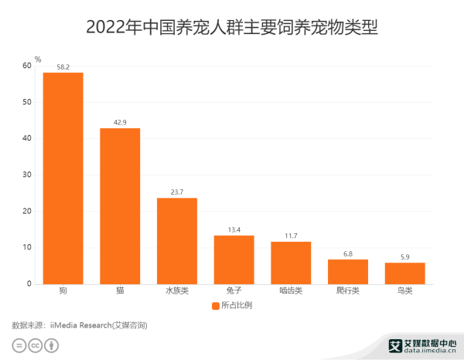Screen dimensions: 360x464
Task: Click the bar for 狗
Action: pyautogui.click(x=63, y=178)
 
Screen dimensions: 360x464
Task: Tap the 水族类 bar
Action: pyautogui.click(x=177, y=240)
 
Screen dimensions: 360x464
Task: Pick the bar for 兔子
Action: pyautogui.click(x=234, y=260)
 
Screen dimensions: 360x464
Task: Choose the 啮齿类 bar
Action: pyautogui.click(x=291, y=263)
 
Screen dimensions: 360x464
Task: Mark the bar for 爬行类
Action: pyautogui.click(x=348, y=271)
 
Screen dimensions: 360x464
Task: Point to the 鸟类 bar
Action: pyautogui.click(x=405, y=273)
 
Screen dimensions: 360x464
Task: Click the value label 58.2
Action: pyautogui.click(x=63, y=67)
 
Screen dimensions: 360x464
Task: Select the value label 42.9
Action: pyautogui.click(x=120, y=123)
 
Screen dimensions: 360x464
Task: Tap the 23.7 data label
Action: pyautogui.click(x=177, y=192)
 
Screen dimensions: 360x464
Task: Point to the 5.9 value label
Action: pyautogui.click(x=405, y=257)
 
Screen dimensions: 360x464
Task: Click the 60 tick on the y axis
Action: pyautogui.click(x=27, y=66)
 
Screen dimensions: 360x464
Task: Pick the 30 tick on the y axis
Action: pyautogui.click(x=27, y=175)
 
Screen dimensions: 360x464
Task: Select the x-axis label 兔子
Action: pyautogui.click(x=234, y=291)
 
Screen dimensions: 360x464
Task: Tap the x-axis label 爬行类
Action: pyautogui.click(x=348, y=291)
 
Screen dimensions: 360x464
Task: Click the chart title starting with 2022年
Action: pyautogui.click(x=232, y=27)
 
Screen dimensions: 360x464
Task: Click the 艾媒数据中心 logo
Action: pyautogui.click(x=421, y=345)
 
